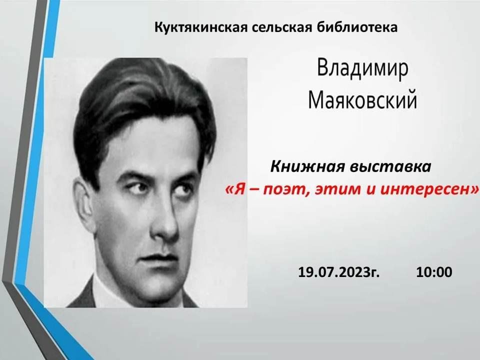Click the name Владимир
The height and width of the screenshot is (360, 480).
(362, 68)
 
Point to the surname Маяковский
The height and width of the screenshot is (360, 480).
(362, 100)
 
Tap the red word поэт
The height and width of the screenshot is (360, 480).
(284, 190)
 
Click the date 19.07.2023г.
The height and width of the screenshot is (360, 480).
(339, 272)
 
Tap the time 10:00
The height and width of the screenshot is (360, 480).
(434, 272)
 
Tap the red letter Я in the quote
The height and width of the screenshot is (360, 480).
(239, 190)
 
